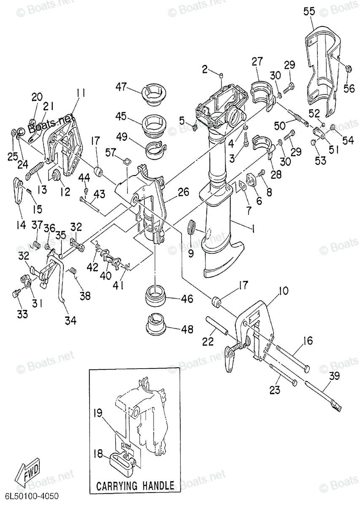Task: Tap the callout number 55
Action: pyautogui.click(x=309, y=12)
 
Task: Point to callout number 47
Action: pyautogui.click(x=122, y=87)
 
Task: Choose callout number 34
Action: pyautogui.click(x=70, y=321)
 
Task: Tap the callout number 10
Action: pyautogui.click(x=284, y=291)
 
